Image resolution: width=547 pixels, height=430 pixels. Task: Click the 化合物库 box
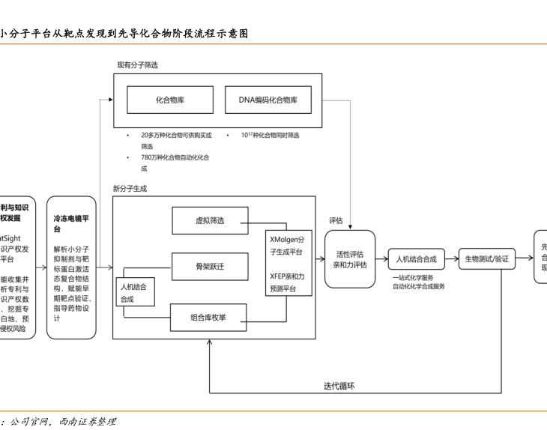coord(170,100)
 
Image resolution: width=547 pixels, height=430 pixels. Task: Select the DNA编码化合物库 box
coord(268,100)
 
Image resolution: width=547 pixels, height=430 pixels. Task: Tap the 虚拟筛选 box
coord(210,220)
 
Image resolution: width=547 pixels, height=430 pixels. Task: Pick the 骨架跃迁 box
coord(210,267)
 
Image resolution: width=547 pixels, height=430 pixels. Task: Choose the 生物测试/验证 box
coord(486,259)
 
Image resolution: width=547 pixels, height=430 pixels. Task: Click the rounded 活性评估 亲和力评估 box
coord(350,259)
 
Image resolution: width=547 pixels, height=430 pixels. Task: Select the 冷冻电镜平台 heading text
coord(72,224)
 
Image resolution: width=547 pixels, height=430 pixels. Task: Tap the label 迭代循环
coord(339,386)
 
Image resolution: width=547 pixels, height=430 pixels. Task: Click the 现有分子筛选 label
coord(137,65)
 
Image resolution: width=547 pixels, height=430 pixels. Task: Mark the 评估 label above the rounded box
coord(336,221)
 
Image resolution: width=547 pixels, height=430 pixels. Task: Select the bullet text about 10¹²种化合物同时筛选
coord(270,136)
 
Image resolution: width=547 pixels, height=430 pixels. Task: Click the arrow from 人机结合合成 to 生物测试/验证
coord(450,259)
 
